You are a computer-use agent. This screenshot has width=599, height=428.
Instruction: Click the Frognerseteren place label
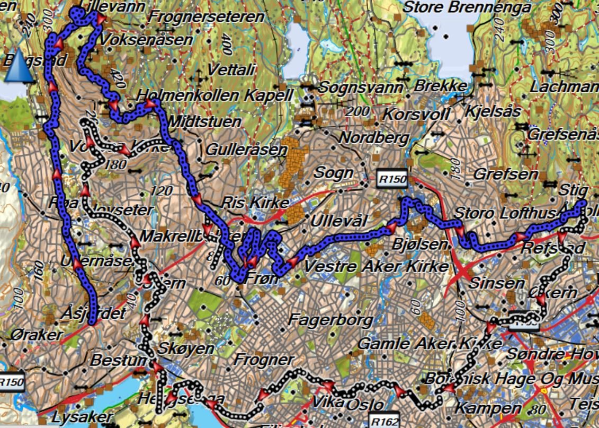coord(206,17)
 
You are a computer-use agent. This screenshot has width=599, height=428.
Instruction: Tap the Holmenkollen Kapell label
coord(214,96)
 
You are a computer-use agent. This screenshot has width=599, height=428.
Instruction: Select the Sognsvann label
coord(362,87)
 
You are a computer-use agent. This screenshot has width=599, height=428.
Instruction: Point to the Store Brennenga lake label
coord(467,7)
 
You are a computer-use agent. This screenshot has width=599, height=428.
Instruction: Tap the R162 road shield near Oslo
coord(383,422)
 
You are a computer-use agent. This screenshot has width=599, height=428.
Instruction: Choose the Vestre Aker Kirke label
coord(377,266)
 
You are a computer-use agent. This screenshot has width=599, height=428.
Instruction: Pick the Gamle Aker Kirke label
coord(430,343)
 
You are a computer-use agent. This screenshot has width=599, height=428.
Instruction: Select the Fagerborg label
coord(330,320)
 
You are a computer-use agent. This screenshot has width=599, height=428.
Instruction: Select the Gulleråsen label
coord(246,150)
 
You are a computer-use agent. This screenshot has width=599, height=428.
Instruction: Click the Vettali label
coord(231,69)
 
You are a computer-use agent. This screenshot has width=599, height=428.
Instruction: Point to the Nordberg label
coord(374,138)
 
